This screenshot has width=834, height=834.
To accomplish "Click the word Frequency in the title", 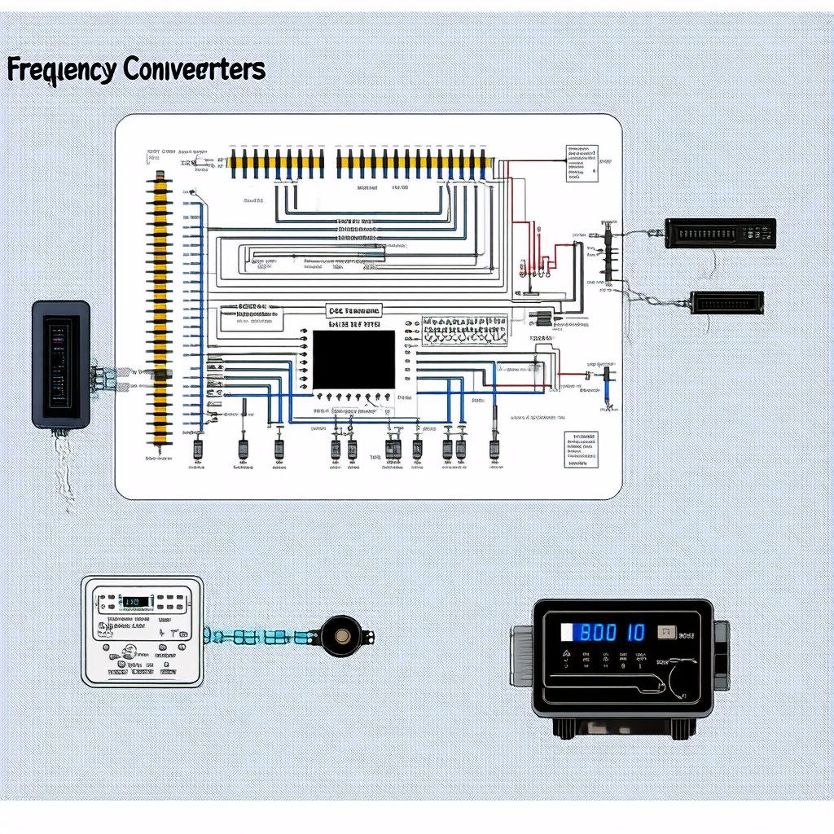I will pyautogui.click(x=61, y=70).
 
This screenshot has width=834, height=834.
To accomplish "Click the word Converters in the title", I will pyautogui.click(x=195, y=70).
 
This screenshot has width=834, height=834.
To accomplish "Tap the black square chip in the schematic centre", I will pyautogui.click(x=353, y=359).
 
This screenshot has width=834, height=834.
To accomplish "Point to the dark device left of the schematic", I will pyautogui.click(x=60, y=363).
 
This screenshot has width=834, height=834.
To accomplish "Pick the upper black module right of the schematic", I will pyautogui.click(x=720, y=233).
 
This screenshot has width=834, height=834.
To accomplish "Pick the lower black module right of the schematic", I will pyautogui.click(x=726, y=303).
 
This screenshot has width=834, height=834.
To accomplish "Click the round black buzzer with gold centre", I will pyautogui.click(x=337, y=636).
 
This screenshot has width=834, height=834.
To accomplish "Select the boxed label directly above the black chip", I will pyautogui.click(x=353, y=311).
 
